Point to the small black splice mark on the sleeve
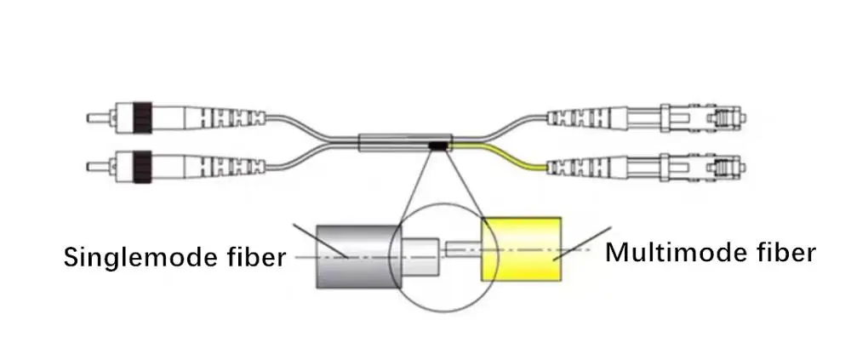pos(437,146)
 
